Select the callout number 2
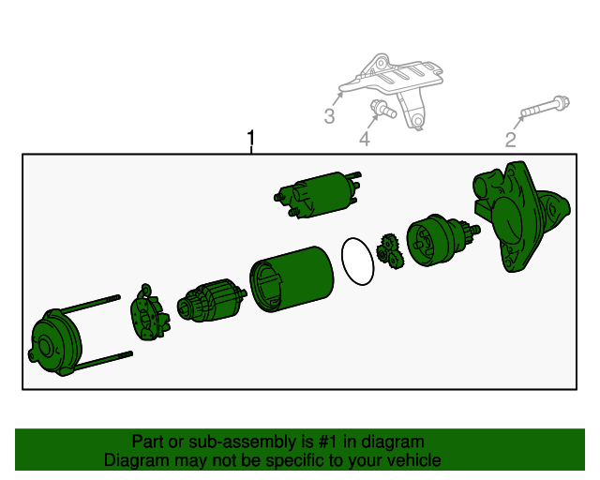tap(510, 140)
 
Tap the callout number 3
tap(329, 116)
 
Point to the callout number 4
tap(365, 139)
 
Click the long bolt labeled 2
tap(545, 107)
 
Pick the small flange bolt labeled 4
tap(383, 109)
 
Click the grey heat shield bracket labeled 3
tap(394, 89)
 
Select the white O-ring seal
tap(357, 262)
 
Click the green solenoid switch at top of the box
tap(318, 195)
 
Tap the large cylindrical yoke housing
tap(292, 279)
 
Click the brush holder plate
tap(150, 313)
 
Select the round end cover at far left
tap(55, 342)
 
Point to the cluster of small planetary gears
tap(390, 252)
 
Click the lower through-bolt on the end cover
tap(103, 361)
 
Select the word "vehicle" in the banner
tap(416, 460)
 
